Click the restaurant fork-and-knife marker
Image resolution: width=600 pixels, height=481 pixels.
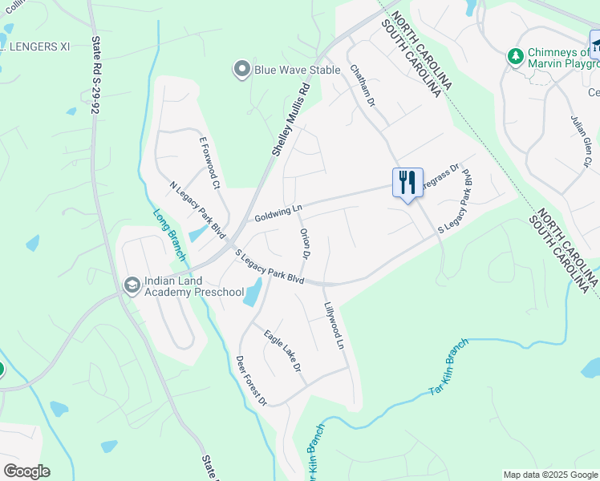click(x=407, y=183)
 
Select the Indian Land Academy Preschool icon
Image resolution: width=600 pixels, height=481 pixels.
click(x=132, y=285)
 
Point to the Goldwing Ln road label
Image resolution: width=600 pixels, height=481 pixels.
click(x=278, y=212)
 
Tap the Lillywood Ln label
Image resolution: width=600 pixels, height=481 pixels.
click(x=334, y=325)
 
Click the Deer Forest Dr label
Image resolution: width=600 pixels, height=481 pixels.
click(x=250, y=379)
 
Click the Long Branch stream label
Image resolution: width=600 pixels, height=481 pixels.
click(x=168, y=233)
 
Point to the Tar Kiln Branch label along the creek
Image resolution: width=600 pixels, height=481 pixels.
click(x=448, y=367)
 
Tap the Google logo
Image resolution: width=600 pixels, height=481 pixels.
click(x=26, y=471)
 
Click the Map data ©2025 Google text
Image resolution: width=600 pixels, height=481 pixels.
click(x=549, y=475)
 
